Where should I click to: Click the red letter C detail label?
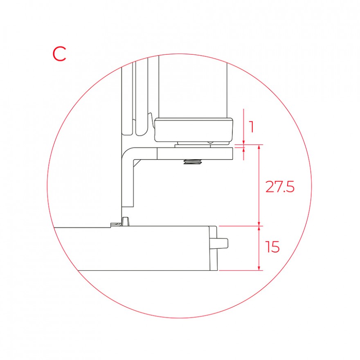click(x=59, y=54)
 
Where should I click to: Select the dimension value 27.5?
click(x=280, y=187)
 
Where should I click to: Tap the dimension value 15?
click(x=272, y=247)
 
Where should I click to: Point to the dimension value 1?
click(x=252, y=127)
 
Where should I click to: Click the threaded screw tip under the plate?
click(x=192, y=162)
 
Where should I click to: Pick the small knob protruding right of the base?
click(x=222, y=243)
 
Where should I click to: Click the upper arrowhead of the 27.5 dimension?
click(x=259, y=147)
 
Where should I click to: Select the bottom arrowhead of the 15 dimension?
click(x=259, y=268)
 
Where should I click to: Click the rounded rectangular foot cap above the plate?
click(x=194, y=130)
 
